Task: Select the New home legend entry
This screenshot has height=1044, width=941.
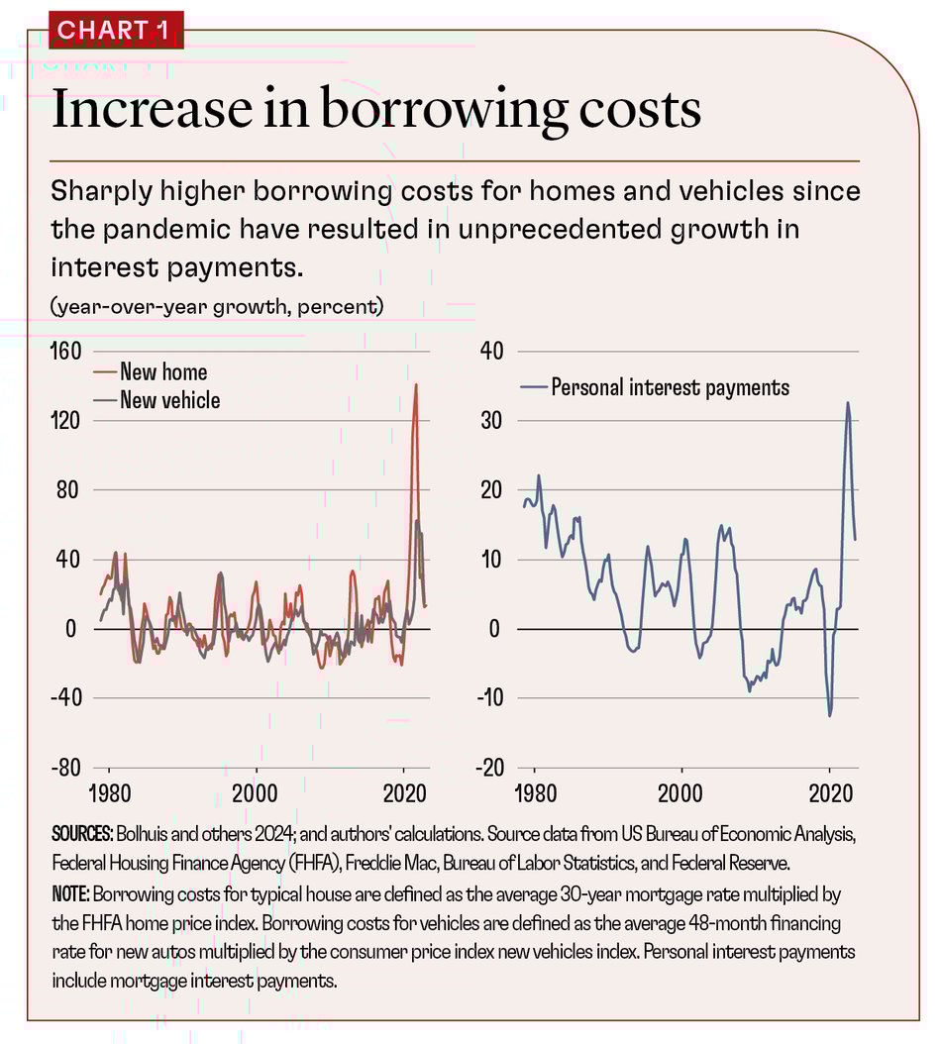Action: coord(163,372)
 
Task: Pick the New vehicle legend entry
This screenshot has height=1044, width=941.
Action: coord(169,400)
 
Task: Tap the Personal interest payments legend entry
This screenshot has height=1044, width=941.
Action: coord(670,387)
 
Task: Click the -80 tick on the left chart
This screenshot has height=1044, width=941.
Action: coord(65,768)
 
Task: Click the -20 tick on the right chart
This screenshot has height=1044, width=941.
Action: coord(491,768)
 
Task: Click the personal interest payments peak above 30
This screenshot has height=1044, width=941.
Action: coord(848,403)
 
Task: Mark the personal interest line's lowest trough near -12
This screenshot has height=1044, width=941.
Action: coord(830,715)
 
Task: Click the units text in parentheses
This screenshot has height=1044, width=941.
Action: coord(216,306)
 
